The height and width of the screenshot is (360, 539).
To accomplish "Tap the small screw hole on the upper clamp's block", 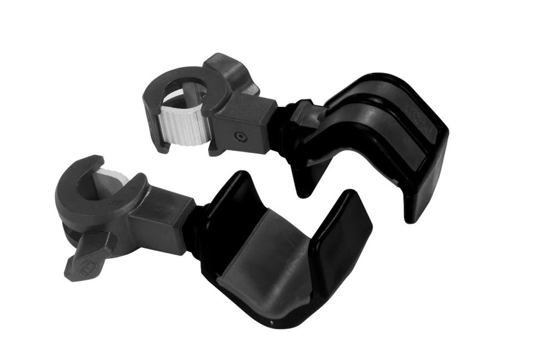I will (239, 136).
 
